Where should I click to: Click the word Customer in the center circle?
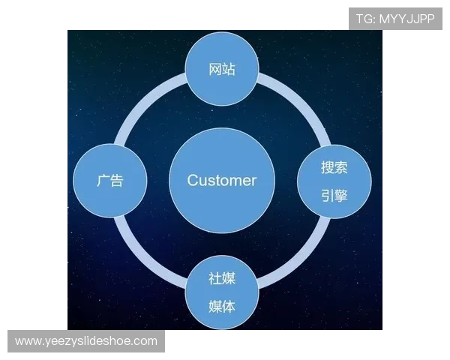point(221,181)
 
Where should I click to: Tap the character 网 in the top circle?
point(214,70)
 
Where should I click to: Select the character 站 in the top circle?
point(229,70)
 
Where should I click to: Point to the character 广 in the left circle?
point(103,181)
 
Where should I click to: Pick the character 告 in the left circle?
point(117,181)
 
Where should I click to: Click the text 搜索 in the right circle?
point(334,166)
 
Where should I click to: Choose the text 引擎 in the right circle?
point(334,196)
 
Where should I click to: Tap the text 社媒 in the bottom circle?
point(222,278)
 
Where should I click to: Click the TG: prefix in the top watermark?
point(365,19)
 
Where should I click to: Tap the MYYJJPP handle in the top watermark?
point(406,19)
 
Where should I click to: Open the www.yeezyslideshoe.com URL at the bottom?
point(86,341)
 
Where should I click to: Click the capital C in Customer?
point(192,181)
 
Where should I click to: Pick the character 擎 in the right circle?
point(341,196)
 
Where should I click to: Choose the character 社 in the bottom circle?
point(214,278)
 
